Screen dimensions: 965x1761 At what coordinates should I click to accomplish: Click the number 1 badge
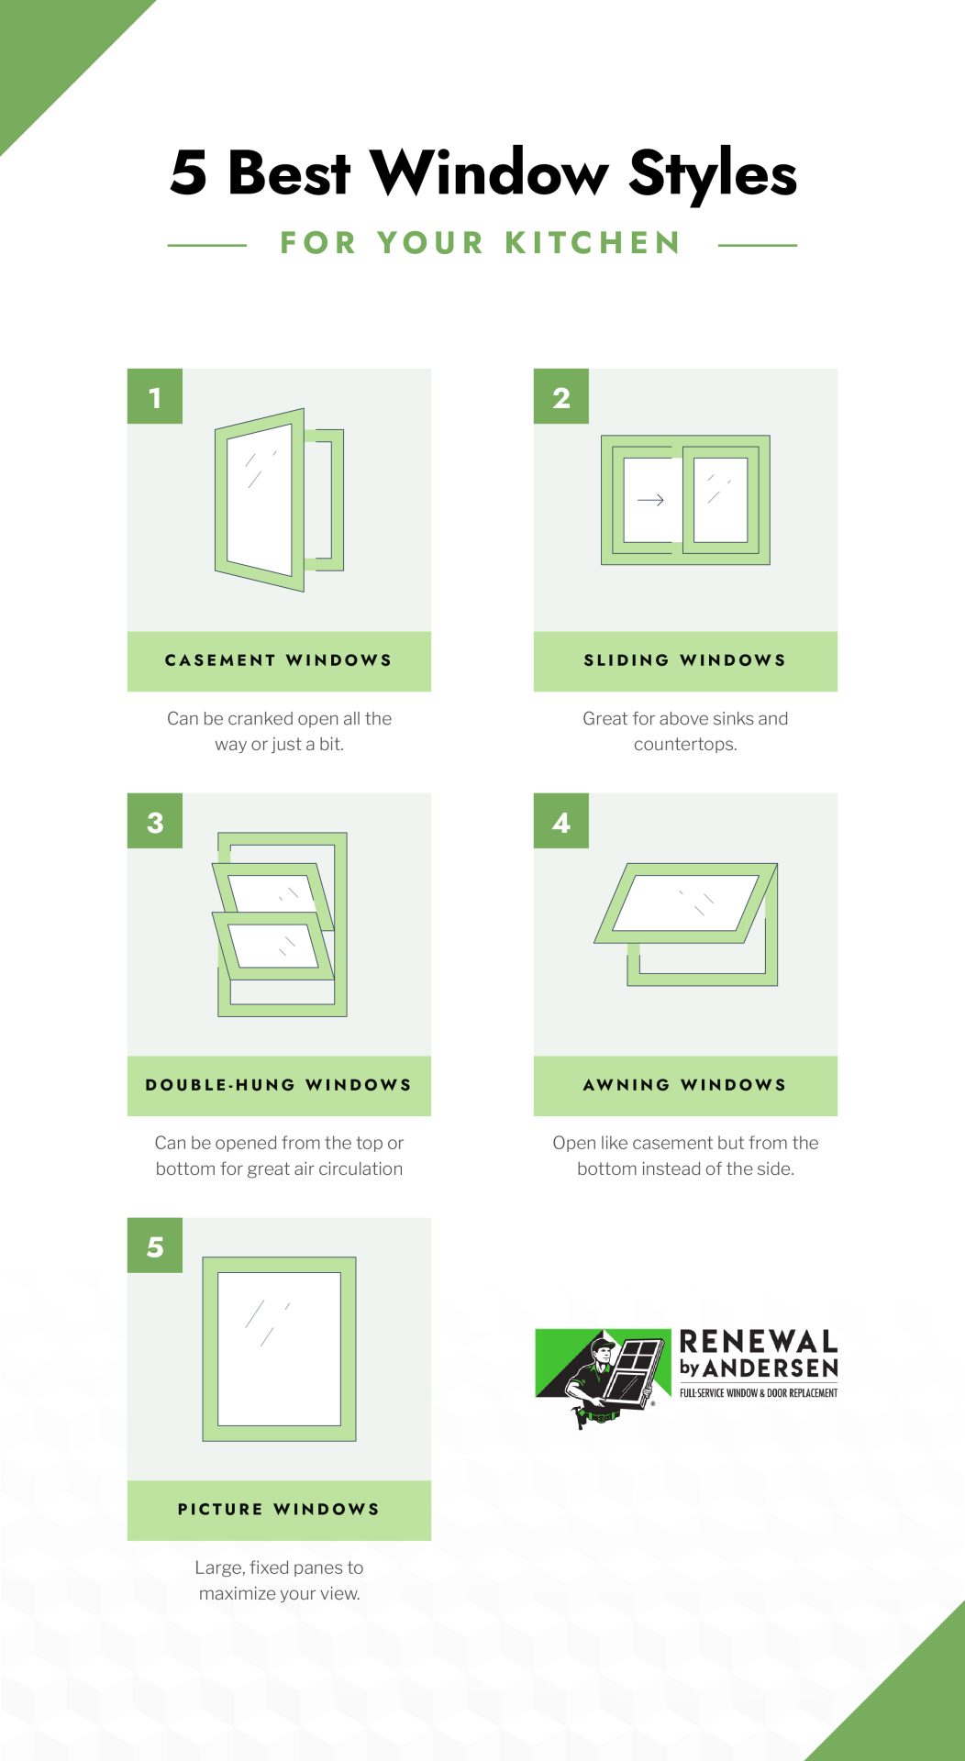[155, 396]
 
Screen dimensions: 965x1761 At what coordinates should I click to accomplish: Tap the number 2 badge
[561, 396]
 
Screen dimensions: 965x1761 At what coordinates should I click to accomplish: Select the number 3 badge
[155, 821]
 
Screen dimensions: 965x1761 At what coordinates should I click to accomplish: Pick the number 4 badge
[561, 821]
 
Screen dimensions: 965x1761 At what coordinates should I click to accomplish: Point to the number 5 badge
[155, 1246]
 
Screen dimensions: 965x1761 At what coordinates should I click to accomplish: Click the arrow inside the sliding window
[650, 500]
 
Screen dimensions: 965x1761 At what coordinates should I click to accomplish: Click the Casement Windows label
[279, 660]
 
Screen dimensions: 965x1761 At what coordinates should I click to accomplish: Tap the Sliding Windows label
[685, 660]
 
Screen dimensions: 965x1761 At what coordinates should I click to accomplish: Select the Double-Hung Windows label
[279, 1085]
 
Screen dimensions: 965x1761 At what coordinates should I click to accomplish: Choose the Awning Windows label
[685, 1085]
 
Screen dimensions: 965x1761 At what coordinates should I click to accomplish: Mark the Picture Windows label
[279, 1510]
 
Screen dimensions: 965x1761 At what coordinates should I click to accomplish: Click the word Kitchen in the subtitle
[593, 243]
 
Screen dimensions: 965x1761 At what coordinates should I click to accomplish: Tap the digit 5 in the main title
[189, 172]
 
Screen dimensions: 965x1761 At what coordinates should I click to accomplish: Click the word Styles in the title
[713, 174]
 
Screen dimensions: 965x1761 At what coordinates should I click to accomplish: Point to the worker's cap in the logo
[602, 1346]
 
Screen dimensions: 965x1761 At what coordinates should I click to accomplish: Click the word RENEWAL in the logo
[759, 1342]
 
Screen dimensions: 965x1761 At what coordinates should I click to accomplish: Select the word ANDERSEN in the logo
[771, 1368]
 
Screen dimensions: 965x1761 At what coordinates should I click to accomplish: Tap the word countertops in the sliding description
[685, 744]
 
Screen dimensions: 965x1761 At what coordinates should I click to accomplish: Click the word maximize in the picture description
[237, 1593]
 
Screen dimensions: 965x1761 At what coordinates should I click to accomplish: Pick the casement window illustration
[279, 500]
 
